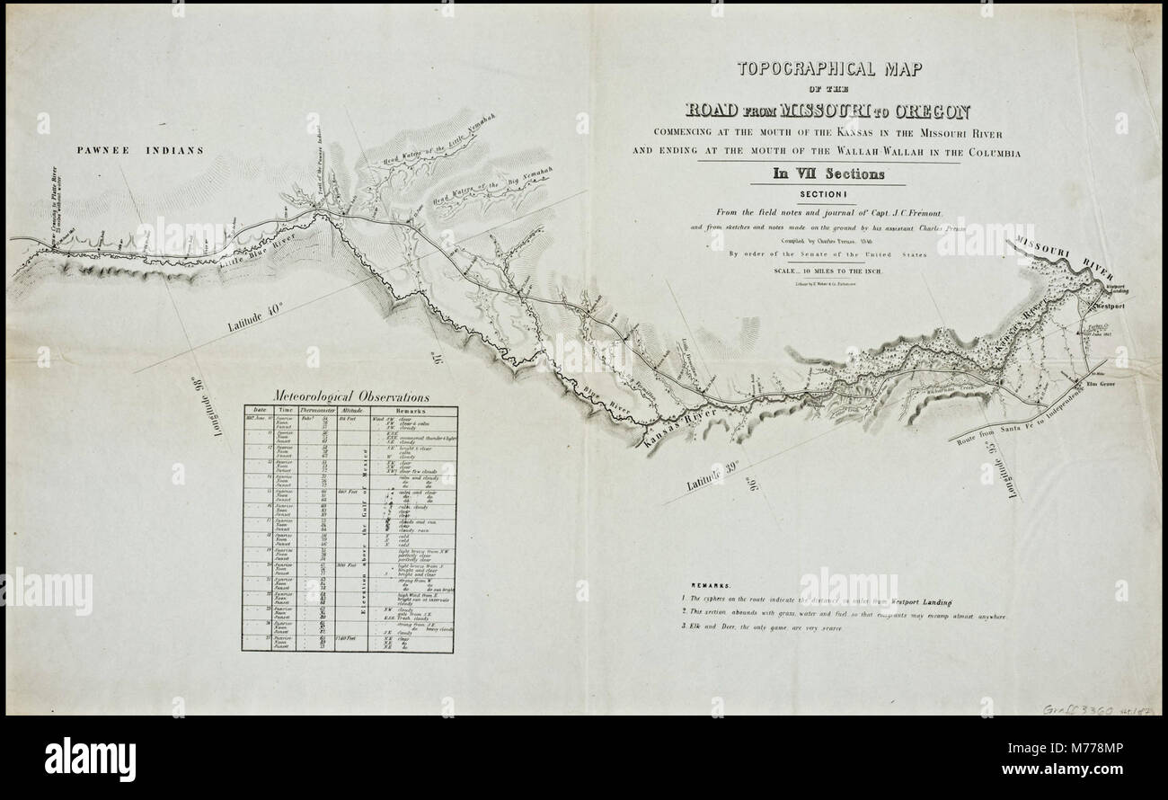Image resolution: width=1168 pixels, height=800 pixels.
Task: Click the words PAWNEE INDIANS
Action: (140, 151)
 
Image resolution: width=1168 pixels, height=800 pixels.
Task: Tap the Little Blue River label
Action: (245, 249)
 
